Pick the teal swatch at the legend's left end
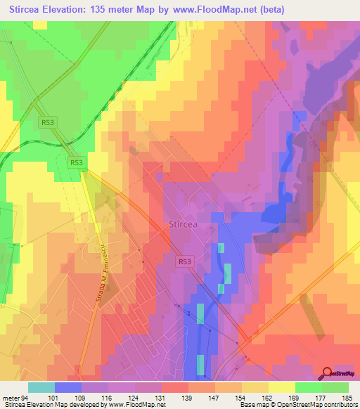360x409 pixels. click(x=41, y=387)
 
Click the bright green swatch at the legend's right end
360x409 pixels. click(x=335, y=387)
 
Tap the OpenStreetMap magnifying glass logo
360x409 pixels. click(x=327, y=374)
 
